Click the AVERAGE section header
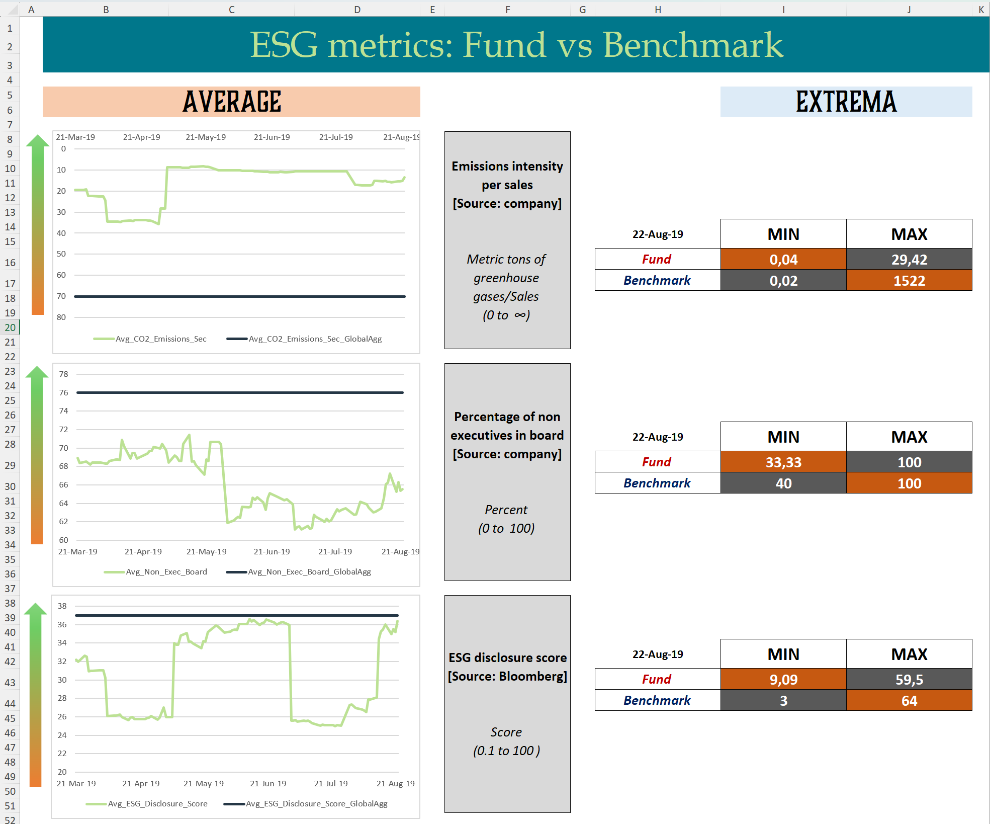231,102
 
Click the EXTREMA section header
846,102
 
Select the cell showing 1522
909,281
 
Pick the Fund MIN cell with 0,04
783,260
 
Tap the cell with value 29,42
909,260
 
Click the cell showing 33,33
783,462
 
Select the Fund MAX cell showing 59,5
909,680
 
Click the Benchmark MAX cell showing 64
909,701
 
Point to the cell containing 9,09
783,680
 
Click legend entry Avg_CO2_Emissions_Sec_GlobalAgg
315,339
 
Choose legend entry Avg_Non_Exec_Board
166,572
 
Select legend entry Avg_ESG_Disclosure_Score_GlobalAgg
316,804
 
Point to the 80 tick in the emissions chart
61,317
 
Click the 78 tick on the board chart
63,374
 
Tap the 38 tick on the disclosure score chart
62,606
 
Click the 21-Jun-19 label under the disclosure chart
268,784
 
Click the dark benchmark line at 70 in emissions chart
239,297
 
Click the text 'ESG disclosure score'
507,658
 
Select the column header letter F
507,10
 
